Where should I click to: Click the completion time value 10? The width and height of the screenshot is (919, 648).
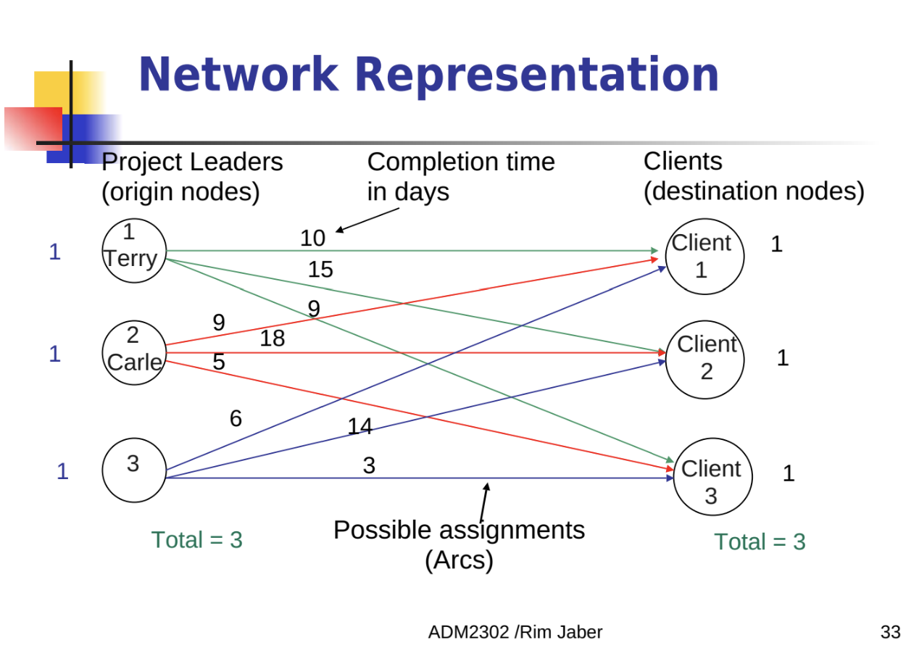313,238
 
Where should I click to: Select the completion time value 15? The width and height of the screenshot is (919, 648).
321,270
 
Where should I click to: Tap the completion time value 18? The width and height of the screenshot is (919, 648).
273,338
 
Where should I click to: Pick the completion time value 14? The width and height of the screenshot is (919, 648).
360,426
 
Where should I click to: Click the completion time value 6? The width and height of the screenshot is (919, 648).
236,419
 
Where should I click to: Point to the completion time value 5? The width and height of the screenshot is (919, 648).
219,362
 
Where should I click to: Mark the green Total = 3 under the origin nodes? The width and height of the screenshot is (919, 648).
197,540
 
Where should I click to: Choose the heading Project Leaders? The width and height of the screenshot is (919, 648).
192,162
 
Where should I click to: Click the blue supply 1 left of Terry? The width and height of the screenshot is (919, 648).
55,252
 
